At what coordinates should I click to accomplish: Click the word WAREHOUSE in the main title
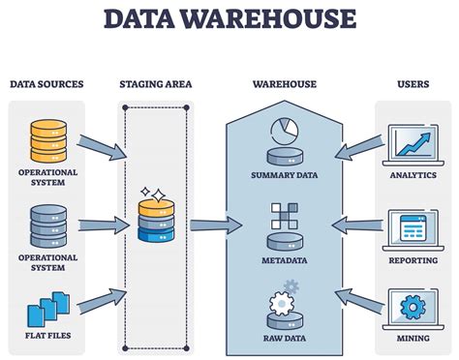click(282, 19)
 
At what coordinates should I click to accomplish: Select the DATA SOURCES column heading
click(46, 84)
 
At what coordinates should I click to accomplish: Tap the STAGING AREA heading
click(156, 84)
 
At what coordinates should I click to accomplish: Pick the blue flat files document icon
click(47, 310)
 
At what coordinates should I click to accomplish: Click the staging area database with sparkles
click(157, 218)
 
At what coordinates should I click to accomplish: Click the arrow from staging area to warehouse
click(215, 225)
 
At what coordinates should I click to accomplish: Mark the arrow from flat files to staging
click(101, 299)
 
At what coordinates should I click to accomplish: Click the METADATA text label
click(286, 260)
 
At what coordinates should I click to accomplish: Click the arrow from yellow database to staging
click(101, 147)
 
